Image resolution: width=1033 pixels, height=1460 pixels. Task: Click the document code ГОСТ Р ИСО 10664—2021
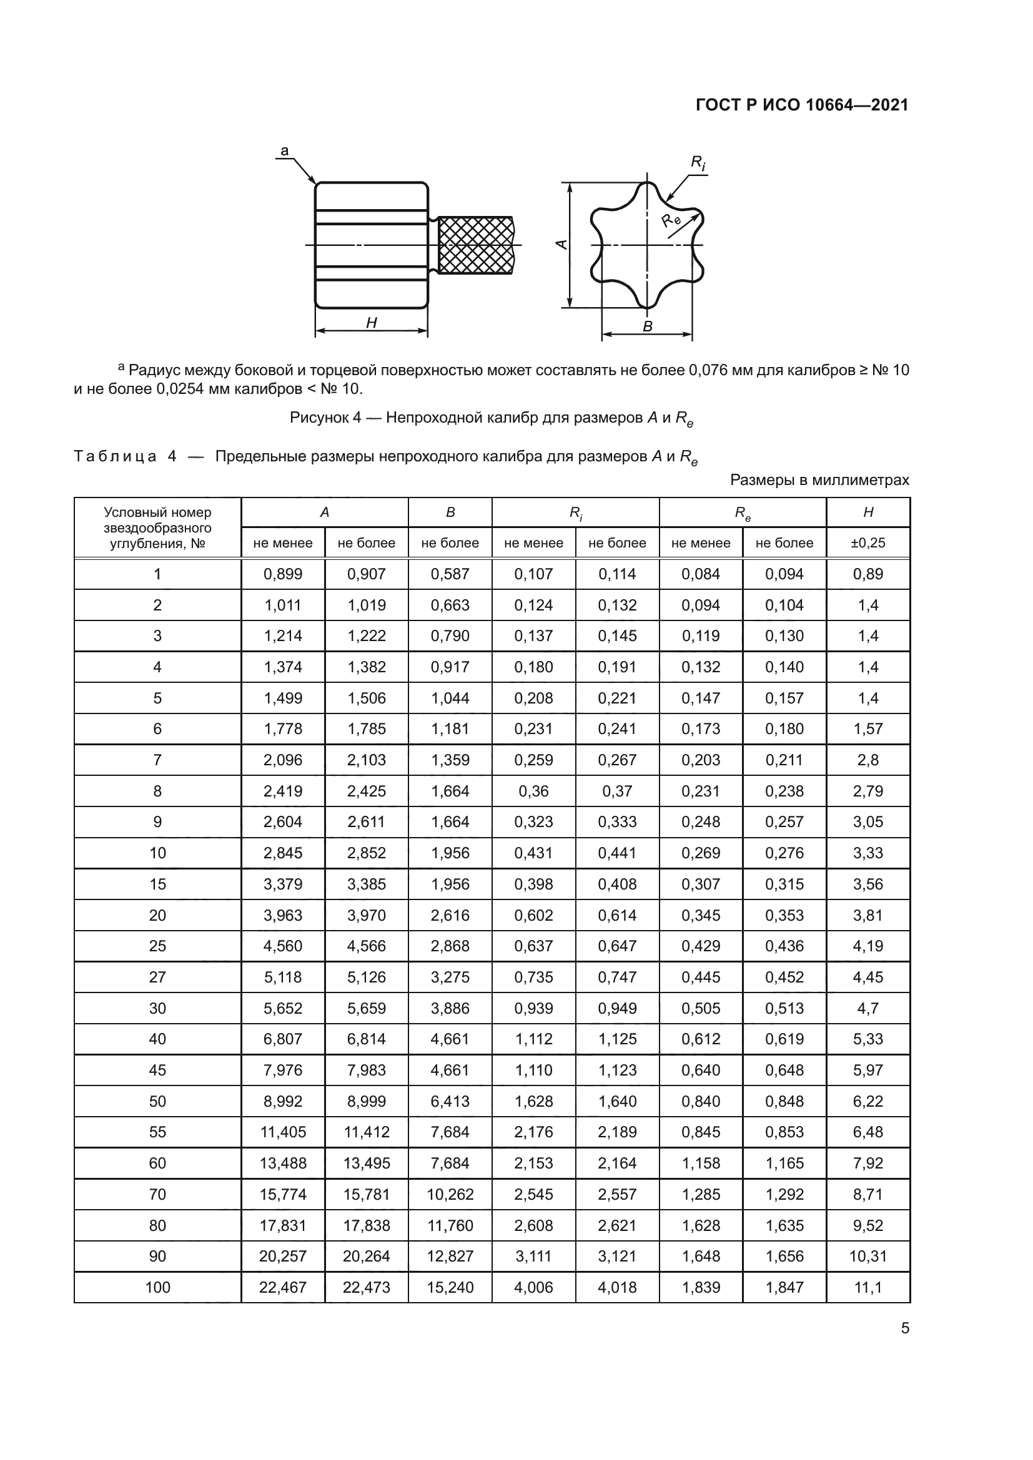[x=801, y=105]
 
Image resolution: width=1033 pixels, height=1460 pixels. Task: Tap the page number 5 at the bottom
[x=904, y=1328]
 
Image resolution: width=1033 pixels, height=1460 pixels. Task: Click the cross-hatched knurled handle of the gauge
[x=475, y=245]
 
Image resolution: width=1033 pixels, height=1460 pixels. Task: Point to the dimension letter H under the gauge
[x=372, y=323]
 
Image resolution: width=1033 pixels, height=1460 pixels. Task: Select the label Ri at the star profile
[x=698, y=164]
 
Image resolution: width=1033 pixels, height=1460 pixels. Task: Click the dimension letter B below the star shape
[x=648, y=326]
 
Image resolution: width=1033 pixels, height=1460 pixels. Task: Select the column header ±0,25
[x=867, y=543]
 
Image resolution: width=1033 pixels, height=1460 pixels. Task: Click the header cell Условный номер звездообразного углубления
[x=157, y=528]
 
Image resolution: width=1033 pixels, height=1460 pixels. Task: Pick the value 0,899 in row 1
[x=282, y=574]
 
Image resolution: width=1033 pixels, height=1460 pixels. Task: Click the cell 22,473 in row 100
[x=366, y=1287]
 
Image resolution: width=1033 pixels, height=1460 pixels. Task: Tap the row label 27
[x=157, y=977]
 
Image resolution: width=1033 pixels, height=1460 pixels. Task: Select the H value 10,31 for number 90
[x=867, y=1256]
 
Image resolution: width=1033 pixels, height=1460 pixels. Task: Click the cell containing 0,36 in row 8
[x=533, y=791]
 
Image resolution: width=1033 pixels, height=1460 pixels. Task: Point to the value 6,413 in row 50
[x=450, y=1101]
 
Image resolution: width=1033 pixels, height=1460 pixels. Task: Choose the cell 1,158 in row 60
[x=700, y=1163]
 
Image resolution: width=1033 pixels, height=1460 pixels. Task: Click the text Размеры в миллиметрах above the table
[x=819, y=480]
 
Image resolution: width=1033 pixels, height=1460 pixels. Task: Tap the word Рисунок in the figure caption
[x=318, y=418]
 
